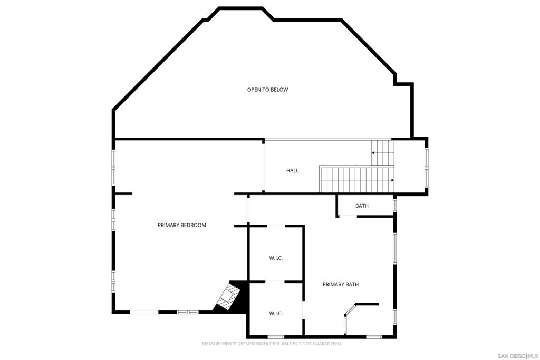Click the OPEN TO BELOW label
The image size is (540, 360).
pyautogui.click(x=267, y=90)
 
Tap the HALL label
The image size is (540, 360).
pyautogui.click(x=292, y=170)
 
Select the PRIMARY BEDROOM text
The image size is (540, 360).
pyautogui.click(x=182, y=225)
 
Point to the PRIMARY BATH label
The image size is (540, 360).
pyautogui.click(x=341, y=284)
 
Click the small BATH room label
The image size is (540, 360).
pyautogui.click(x=362, y=206)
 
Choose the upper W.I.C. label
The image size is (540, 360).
pyautogui.click(x=276, y=258)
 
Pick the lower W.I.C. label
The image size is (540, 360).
pyautogui.click(x=276, y=314)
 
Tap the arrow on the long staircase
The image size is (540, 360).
pyautogui.click(x=392, y=180)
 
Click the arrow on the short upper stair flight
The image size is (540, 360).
pyautogui.click(x=373, y=152)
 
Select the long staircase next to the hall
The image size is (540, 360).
pyautogui.click(x=357, y=179)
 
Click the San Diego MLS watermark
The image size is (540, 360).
pyautogui.click(x=518, y=356)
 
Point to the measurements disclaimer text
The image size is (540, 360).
pyautogui.click(x=272, y=344)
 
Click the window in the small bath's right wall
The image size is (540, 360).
pyautogui.click(x=395, y=205)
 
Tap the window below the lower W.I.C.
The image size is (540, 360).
pyautogui.click(x=276, y=337)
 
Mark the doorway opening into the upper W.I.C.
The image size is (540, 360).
pyautogui.click(x=276, y=226)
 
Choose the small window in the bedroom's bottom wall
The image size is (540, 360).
pyautogui.click(x=188, y=312)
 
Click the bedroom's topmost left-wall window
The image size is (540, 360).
pyautogui.click(x=113, y=168)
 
